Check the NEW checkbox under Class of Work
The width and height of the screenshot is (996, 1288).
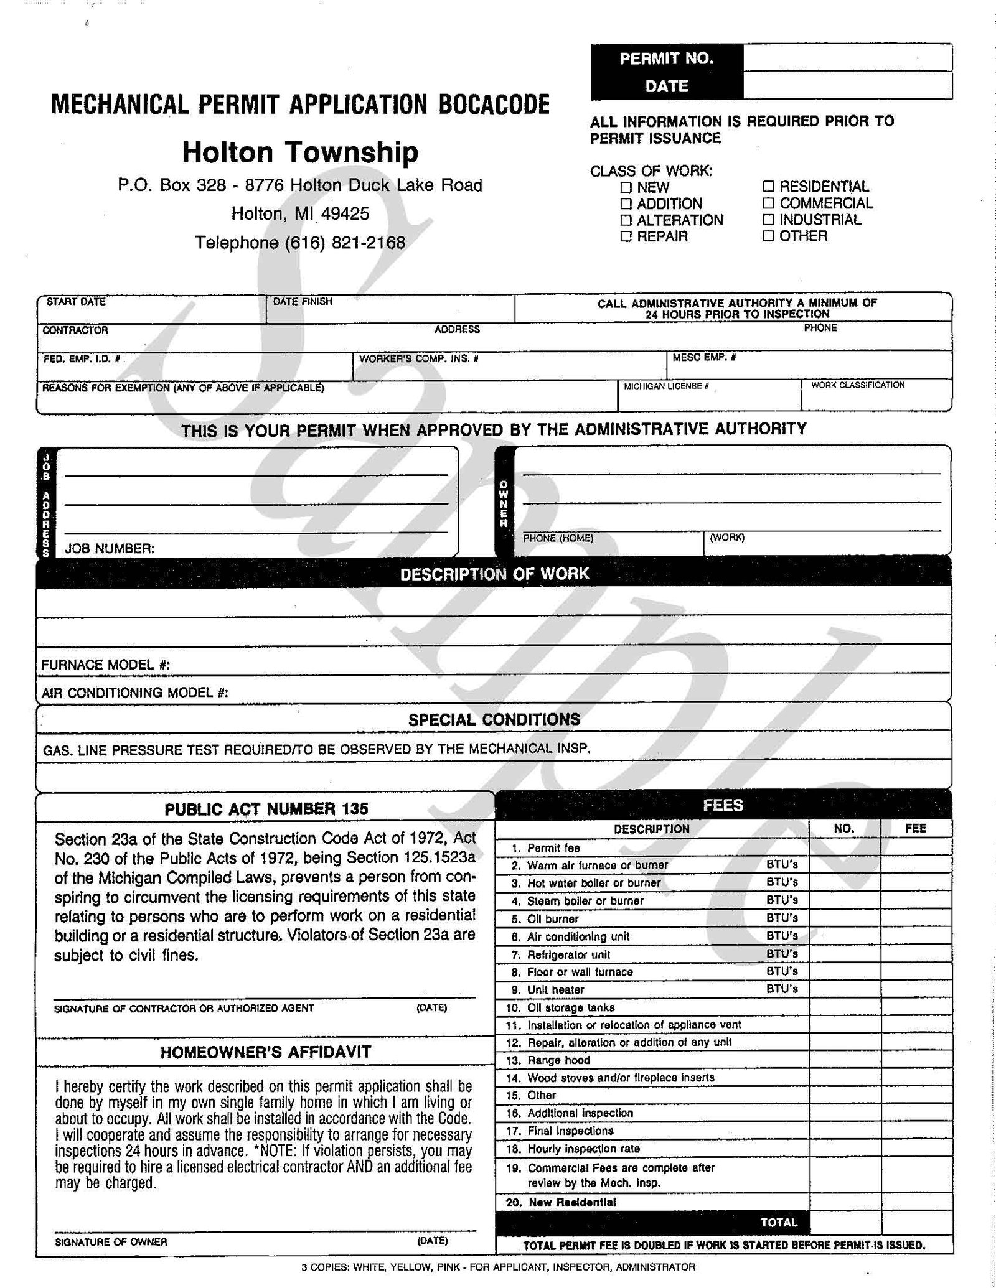tap(626, 187)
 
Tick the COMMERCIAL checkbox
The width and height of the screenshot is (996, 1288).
tap(769, 203)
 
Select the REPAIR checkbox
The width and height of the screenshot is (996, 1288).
tap(626, 236)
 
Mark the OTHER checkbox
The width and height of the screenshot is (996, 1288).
tap(769, 236)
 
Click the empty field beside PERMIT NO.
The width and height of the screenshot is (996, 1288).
tap(847, 58)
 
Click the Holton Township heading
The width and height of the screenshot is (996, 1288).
tap(300, 152)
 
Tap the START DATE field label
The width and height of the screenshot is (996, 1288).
tap(76, 302)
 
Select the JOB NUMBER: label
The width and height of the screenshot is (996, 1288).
tap(110, 549)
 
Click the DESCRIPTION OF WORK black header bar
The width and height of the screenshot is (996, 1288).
tap(494, 574)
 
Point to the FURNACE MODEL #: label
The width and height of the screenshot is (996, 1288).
tap(106, 665)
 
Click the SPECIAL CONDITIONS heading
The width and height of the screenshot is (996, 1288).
tap(494, 720)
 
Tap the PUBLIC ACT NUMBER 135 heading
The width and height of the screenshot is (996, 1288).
tap(266, 809)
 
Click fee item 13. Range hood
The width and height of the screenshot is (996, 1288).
tap(558, 1060)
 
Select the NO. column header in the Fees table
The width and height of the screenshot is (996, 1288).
tap(844, 829)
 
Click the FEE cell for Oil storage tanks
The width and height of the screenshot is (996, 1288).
tap(916, 1007)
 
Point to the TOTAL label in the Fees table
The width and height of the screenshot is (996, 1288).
tap(779, 1222)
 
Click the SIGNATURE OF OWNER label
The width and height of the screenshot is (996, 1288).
tap(111, 1242)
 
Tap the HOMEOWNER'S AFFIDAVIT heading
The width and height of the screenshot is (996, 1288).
tap(266, 1052)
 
